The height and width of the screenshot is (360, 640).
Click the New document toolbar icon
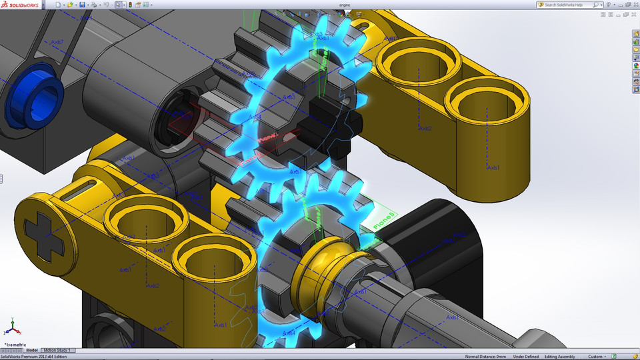58,5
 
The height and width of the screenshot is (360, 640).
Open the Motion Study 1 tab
57,350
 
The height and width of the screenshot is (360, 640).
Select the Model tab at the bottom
32,350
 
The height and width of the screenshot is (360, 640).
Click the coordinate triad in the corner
11,329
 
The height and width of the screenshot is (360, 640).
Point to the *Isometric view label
18,344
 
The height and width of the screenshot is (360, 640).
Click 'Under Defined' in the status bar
525,357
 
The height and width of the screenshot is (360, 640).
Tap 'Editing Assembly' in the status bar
561,357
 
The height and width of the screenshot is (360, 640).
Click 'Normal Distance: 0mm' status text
485,357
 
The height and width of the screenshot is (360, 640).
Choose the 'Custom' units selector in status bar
598,357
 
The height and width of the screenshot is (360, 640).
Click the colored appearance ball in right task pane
636,65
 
